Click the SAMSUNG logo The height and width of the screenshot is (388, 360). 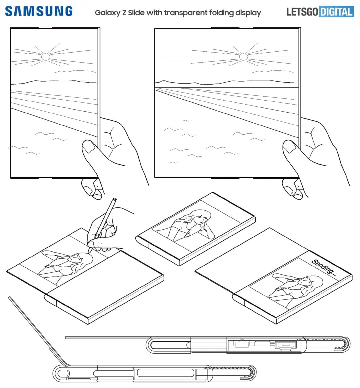39,11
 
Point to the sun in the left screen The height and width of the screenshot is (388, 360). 45,57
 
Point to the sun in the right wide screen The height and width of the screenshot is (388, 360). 243,56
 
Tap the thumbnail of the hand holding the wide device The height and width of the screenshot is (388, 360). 290,147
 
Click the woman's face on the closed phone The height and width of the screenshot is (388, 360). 199,218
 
